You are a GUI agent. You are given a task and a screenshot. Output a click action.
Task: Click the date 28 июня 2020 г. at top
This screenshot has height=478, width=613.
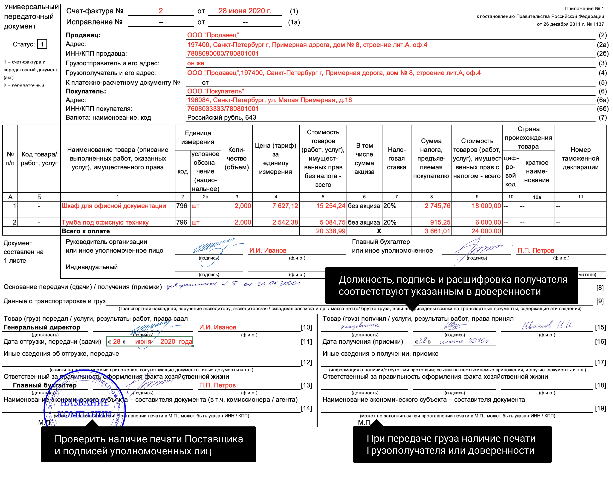click(245, 11)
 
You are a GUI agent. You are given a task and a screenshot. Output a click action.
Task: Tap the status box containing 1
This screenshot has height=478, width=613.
click(42, 44)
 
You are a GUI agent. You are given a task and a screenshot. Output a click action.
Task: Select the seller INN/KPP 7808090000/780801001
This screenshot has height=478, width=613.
click(223, 54)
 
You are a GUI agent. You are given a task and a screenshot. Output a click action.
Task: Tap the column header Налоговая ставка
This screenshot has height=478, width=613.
click(396, 158)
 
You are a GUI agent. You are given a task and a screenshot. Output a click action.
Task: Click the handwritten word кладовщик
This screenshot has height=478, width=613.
click(360, 326)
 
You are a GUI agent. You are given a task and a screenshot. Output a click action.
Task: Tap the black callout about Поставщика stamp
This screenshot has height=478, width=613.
click(149, 445)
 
